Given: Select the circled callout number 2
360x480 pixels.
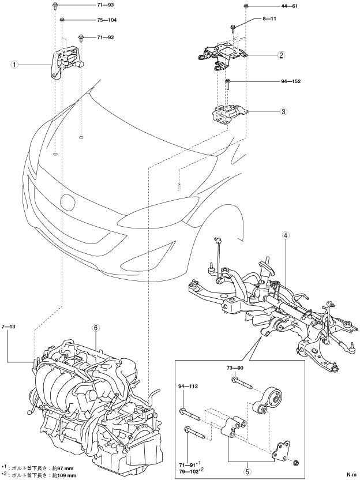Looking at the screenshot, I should tap(281, 55).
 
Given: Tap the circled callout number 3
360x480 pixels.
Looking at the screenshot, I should tap(283, 111).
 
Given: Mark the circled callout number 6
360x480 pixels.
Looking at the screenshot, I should tap(97, 328).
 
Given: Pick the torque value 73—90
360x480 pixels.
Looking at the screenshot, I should tap(235, 367).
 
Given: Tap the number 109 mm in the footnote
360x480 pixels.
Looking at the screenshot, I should tap(65, 475).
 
